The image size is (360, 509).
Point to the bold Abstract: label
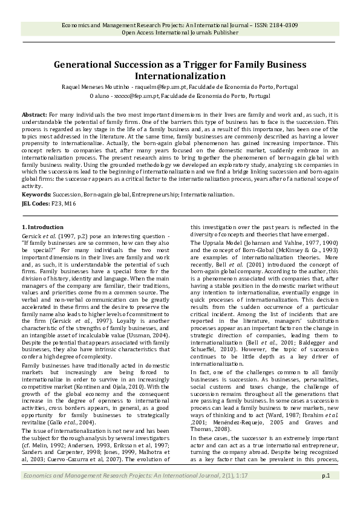(x=34, y=114)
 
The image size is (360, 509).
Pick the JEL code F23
(x=61, y=204)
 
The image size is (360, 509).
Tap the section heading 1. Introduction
(x=47, y=227)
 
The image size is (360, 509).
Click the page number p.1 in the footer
(x=325, y=493)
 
